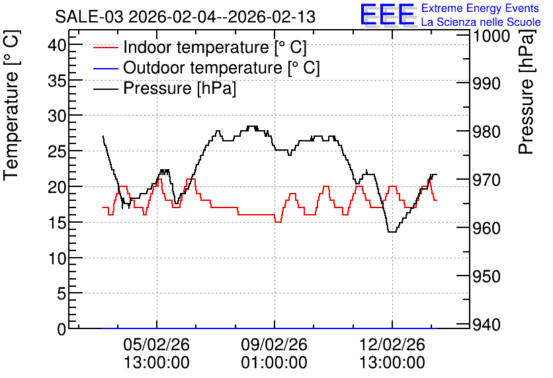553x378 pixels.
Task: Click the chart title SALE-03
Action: click(x=89, y=17)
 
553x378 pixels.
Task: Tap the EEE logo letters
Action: click(x=388, y=15)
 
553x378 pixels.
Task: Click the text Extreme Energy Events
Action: click(x=480, y=8)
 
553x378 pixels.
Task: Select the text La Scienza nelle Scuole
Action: click(x=481, y=22)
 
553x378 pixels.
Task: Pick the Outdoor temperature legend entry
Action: click(x=206, y=67)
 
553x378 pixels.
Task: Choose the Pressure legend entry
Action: click(x=165, y=88)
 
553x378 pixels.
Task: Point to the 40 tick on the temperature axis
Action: click(x=57, y=45)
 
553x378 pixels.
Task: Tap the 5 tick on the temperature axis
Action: click(x=62, y=293)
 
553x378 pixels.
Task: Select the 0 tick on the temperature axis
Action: click(x=62, y=329)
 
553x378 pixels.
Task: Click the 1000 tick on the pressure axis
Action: click(x=491, y=36)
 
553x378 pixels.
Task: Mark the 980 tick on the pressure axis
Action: click(x=486, y=132)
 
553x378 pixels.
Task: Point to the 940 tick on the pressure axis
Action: click(x=486, y=324)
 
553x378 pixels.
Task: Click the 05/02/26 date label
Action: click(x=157, y=344)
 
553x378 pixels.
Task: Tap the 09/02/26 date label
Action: click(x=275, y=344)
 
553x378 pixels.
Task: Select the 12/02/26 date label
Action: click(x=392, y=344)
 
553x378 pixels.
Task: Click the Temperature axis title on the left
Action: click(x=11, y=106)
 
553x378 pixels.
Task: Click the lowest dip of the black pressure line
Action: click(x=392, y=232)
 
